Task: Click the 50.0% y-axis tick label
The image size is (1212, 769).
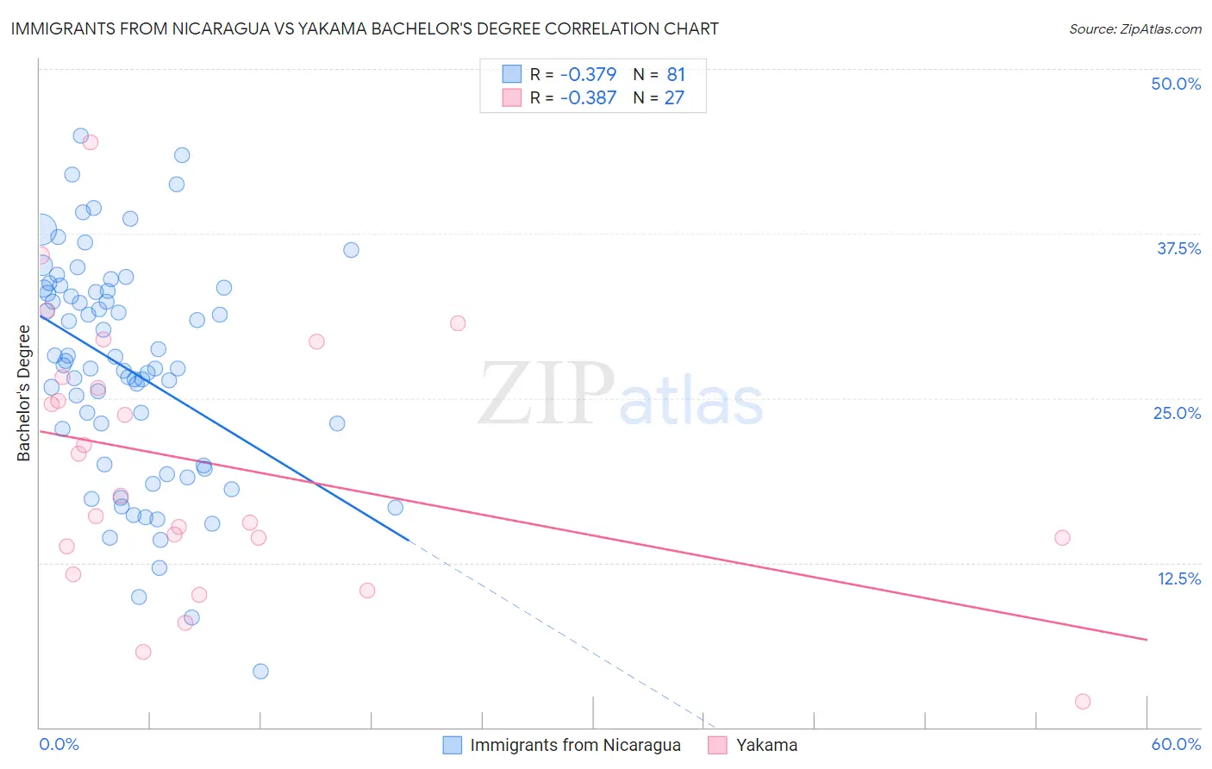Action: click(1176, 84)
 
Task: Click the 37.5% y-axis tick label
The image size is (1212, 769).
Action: click(1178, 248)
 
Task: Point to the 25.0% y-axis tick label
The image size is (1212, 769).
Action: click(1177, 413)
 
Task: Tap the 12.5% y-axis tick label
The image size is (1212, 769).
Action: click(1178, 578)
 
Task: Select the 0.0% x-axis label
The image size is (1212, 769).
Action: click(59, 744)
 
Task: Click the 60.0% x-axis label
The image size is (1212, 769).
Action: click(1176, 744)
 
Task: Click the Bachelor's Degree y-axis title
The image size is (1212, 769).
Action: click(24, 393)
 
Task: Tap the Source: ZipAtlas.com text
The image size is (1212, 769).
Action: click(1134, 28)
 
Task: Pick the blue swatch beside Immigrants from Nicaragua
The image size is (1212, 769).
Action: click(453, 745)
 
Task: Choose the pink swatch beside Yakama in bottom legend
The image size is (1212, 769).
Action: click(718, 745)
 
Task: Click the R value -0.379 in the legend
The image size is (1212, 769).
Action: click(588, 75)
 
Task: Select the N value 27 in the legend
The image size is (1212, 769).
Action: click(674, 98)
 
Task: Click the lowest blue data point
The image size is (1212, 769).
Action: click(260, 672)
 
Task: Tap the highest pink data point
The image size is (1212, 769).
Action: click(91, 142)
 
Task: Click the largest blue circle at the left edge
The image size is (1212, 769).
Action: click(40, 230)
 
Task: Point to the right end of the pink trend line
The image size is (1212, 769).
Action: click(1146, 640)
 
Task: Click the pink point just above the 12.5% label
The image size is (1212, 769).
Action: click(1062, 538)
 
